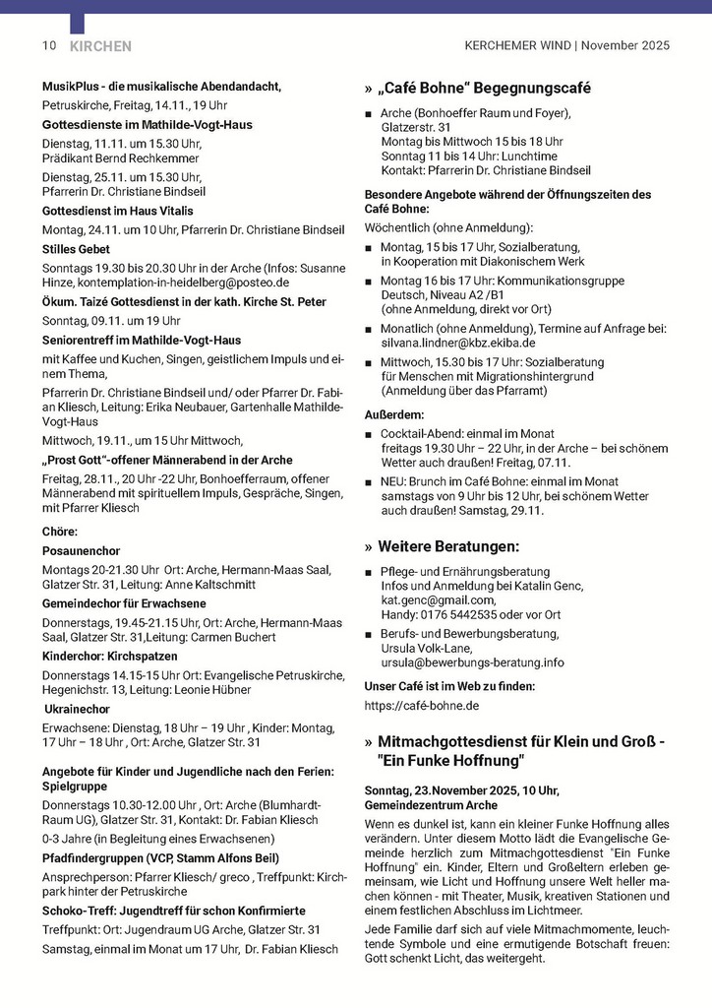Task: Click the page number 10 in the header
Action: coord(49,45)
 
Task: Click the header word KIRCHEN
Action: coord(100,46)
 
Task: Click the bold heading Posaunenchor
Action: coord(80,551)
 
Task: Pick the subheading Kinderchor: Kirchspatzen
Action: coord(110,656)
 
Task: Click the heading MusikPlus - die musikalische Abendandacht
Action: coord(161,87)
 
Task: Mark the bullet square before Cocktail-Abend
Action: coord(369,434)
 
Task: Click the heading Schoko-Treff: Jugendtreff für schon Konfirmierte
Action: coord(174,911)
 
